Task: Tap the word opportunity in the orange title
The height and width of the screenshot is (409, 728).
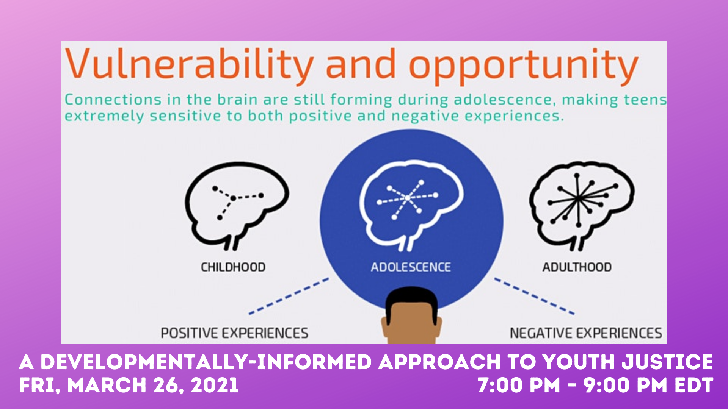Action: coord(524,67)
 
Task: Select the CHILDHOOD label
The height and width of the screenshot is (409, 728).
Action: coord(233,267)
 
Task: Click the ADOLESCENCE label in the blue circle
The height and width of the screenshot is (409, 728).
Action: coord(411,267)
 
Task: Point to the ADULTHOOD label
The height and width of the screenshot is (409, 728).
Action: coord(577,267)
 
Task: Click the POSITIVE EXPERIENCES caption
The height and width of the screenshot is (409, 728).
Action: coord(234,333)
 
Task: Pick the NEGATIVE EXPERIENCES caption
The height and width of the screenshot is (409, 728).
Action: coord(586,333)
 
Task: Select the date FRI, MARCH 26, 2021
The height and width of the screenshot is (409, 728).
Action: coord(129,385)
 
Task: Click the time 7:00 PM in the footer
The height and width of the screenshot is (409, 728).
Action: coord(519,385)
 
